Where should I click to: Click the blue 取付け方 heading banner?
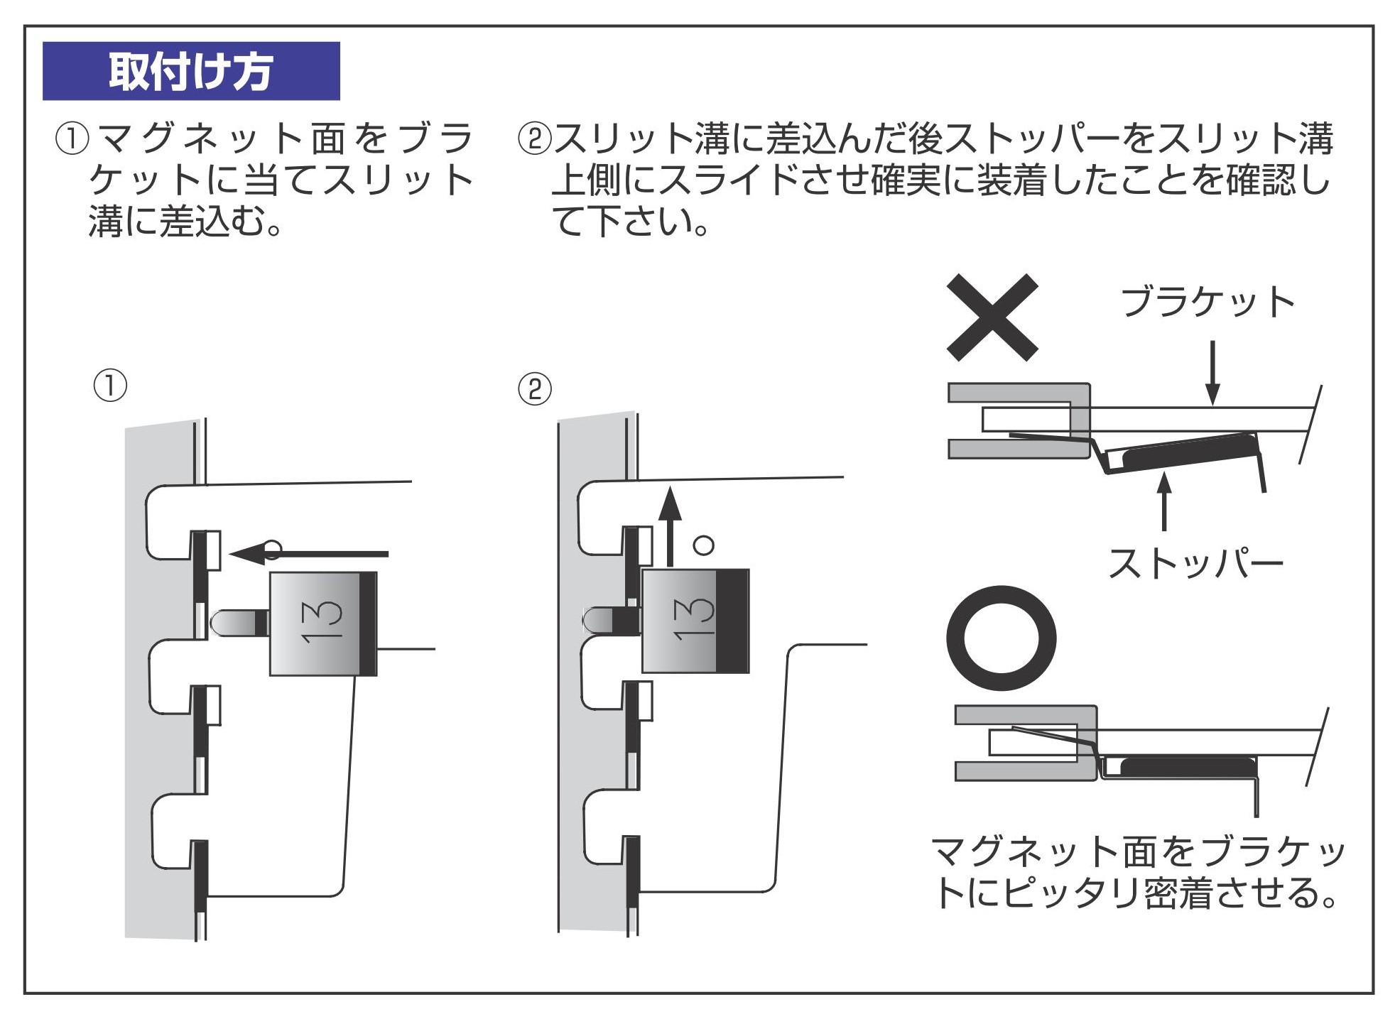click(x=190, y=71)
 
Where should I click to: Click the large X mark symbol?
click(x=992, y=317)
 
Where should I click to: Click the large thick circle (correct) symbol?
click(x=1001, y=638)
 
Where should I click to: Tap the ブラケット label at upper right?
click(x=1208, y=302)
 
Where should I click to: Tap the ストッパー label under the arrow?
click(x=1195, y=565)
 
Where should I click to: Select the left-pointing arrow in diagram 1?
click(x=309, y=553)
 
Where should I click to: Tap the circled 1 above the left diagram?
click(x=110, y=386)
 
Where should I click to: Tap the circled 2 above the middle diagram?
click(x=535, y=389)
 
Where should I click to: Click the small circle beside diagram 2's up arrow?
click(x=703, y=545)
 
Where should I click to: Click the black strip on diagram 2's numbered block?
click(x=732, y=621)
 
